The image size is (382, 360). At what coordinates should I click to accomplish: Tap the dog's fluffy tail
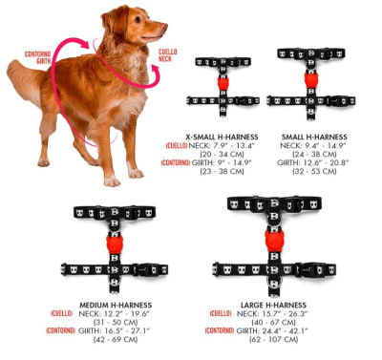pos(21,74)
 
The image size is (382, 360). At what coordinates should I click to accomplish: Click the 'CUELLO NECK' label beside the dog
pos(167,54)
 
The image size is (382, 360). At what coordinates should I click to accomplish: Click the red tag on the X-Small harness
pos(223,82)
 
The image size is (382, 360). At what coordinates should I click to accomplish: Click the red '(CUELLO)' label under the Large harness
pos(219,313)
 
